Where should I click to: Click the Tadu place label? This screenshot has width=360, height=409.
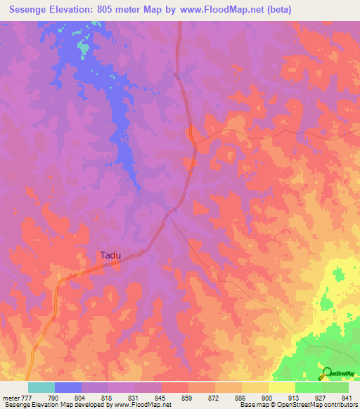click(109, 256)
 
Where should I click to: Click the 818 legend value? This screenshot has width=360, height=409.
click(108, 397)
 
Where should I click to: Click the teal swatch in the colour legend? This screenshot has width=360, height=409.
click(41, 387)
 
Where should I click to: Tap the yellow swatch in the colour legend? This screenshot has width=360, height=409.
click(282, 387)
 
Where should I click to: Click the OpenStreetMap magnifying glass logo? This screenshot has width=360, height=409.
click(326, 372)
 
